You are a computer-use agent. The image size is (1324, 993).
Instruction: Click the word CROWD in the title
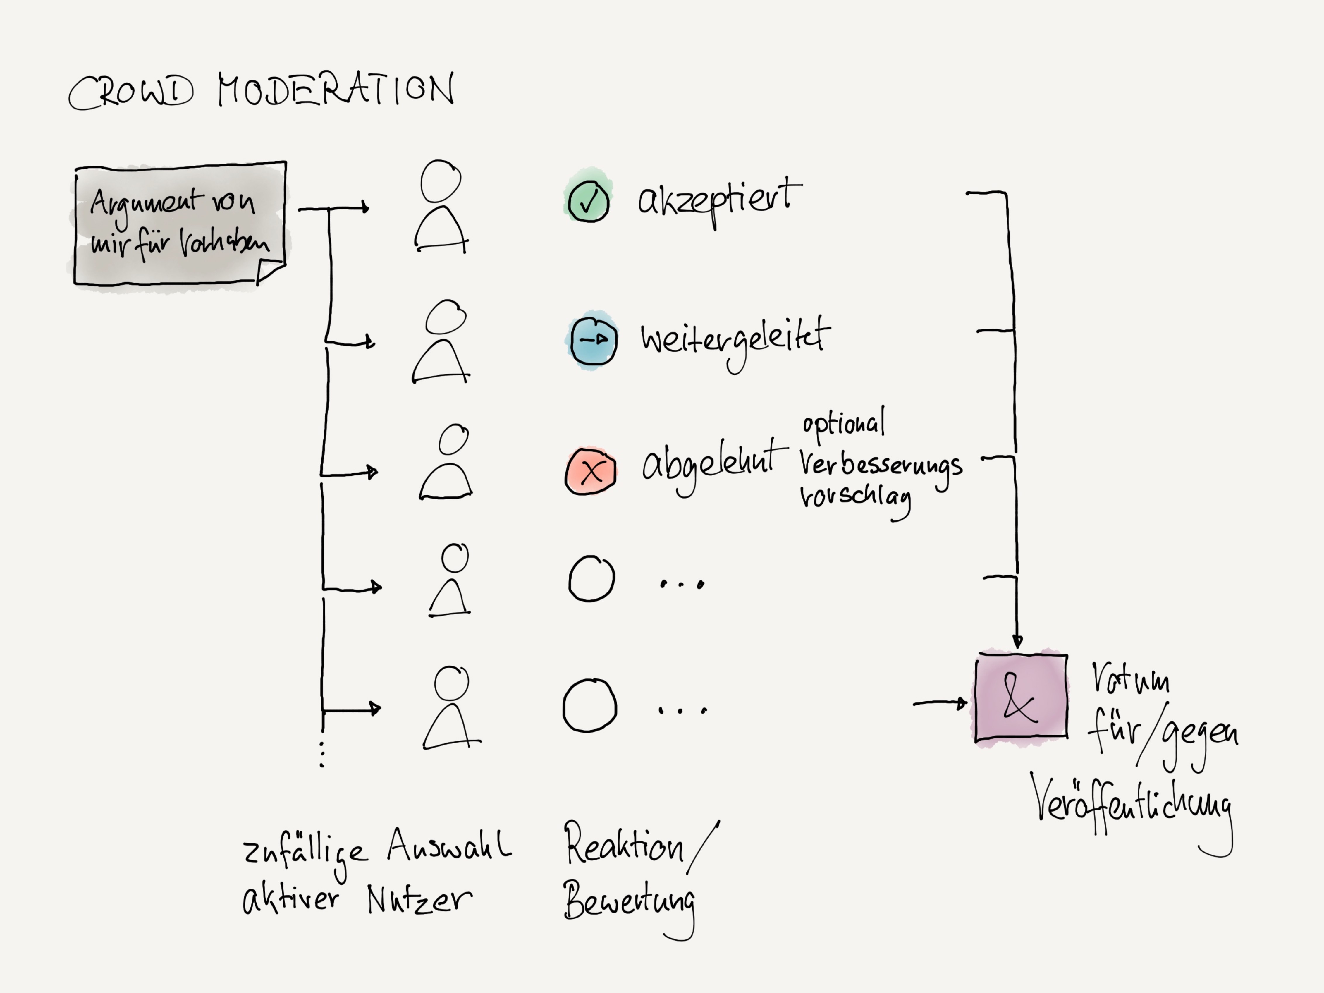132,93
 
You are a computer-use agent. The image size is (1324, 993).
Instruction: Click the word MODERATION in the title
335,90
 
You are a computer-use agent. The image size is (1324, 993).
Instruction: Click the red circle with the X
591,471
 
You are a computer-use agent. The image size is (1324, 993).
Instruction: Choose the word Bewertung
628,901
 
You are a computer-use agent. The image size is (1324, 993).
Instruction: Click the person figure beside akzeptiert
441,207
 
